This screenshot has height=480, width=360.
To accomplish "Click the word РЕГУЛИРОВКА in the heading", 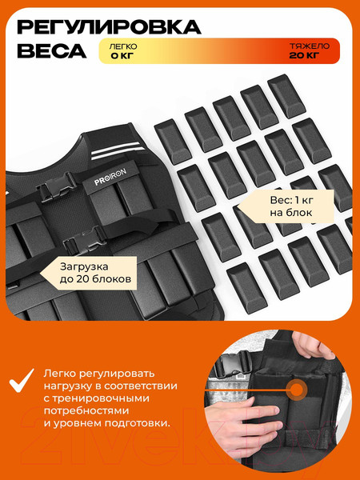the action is pos(109,27).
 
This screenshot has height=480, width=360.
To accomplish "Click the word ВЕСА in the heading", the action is pos(52,51).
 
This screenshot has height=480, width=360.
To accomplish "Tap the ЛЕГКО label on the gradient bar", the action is pos(123,46).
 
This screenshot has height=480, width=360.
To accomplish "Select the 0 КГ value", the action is pos(122,56).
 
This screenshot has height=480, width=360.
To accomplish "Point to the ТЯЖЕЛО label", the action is pos(310,46).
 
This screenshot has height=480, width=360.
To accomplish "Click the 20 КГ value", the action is pos(304,55).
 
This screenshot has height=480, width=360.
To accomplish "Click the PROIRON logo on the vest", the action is pos(110,178).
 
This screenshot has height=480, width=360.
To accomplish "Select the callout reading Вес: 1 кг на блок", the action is pos(286,206).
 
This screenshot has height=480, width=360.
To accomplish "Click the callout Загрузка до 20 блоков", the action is pos(89,273).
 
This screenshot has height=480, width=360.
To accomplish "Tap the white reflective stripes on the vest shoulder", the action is pos(118,150).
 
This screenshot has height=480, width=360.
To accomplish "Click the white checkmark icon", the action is pos(22,380).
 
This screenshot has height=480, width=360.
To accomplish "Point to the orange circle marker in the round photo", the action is pos(295,390).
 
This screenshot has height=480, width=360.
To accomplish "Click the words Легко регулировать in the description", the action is pos(99,374).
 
